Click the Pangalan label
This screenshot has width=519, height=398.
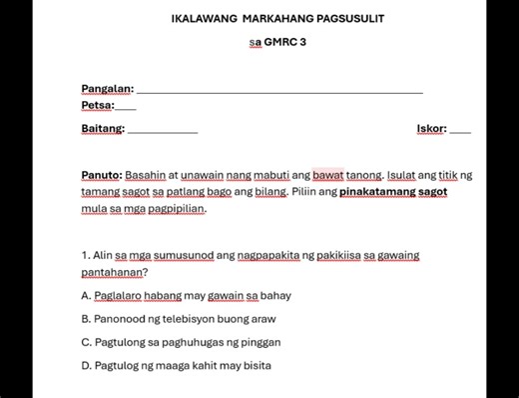tap(107, 89)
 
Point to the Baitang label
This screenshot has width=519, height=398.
tap(103, 128)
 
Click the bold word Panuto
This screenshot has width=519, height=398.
tap(101, 175)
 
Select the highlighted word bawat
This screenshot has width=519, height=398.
tap(328, 175)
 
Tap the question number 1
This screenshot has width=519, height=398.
tap(86, 255)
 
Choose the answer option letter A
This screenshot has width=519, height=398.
tap(86, 296)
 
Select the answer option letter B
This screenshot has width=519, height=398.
tap(86, 319)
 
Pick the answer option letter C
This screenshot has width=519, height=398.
tap(86, 342)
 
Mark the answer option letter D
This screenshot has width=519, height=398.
tap(86, 365)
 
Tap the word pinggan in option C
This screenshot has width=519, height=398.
tap(259, 342)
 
